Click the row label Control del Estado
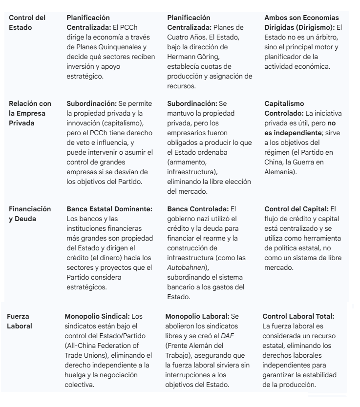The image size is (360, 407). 27,22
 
